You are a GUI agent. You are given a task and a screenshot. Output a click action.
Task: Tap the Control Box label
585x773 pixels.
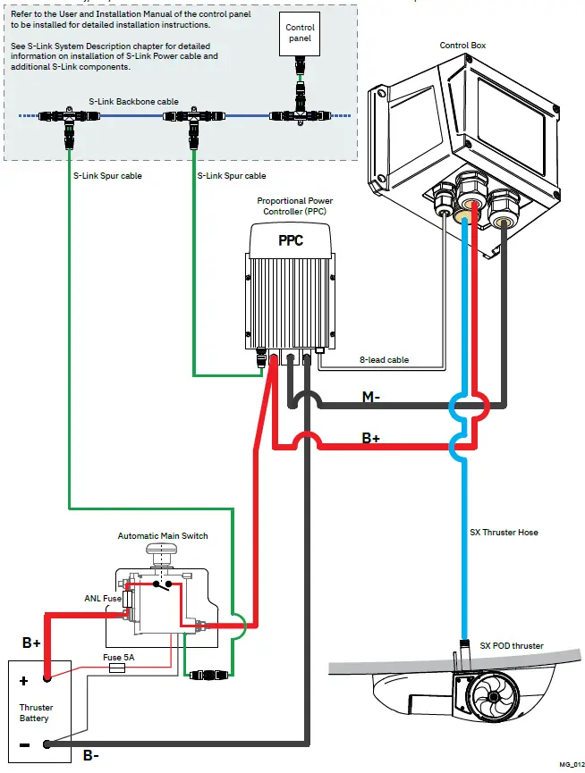pyautogui.click(x=462, y=46)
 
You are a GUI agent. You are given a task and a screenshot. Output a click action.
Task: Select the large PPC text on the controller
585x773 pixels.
pyautogui.click(x=291, y=240)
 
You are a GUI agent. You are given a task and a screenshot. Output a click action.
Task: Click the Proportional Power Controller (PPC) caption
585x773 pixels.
pyautogui.click(x=294, y=206)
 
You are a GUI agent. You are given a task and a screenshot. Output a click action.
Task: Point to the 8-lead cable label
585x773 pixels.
pyautogui.click(x=386, y=360)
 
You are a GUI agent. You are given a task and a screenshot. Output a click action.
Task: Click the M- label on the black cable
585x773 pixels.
pyautogui.click(x=371, y=397)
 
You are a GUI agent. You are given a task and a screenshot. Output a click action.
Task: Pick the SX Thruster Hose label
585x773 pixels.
pyautogui.click(x=504, y=533)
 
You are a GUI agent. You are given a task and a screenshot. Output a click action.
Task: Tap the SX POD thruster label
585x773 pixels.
pyautogui.click(x=511, y=646)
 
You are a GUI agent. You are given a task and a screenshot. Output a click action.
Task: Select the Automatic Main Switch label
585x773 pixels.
pyautogui.click(x=163, y=536)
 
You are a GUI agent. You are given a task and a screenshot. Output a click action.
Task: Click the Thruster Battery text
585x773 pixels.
pyautogui.click(x=35, y=712)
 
